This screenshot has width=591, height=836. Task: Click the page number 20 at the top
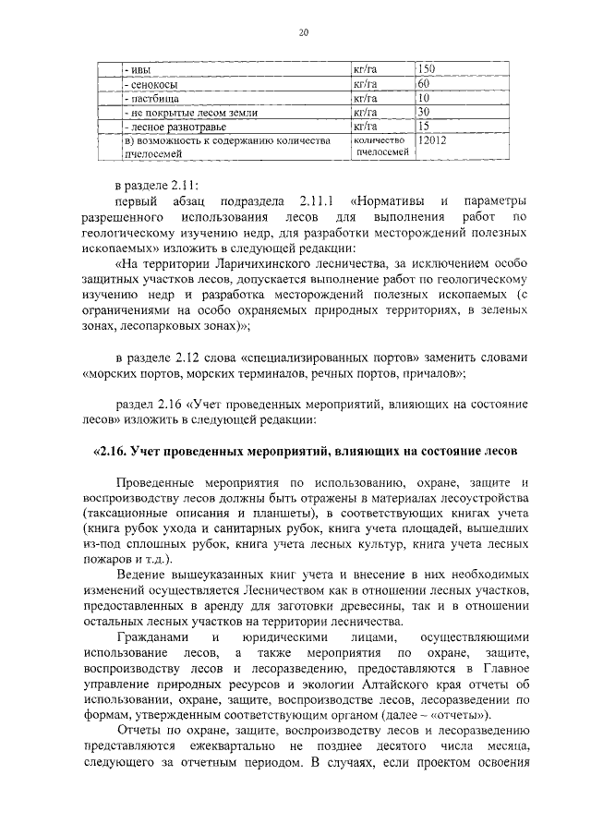tap(303, 33)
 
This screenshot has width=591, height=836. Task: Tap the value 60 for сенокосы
tap(423, 83)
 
